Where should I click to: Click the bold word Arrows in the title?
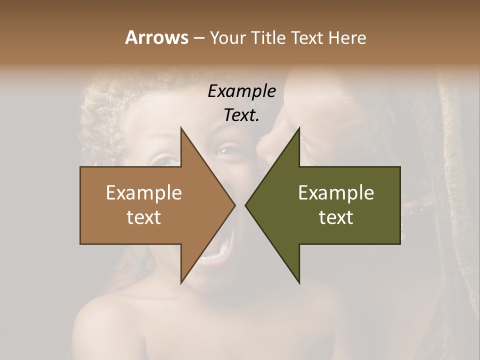[156, 37]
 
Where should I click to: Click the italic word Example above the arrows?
[241, 91]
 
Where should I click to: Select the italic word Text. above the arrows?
[241, 115]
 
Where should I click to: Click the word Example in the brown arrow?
[144, 193]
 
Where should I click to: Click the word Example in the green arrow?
[336, 193]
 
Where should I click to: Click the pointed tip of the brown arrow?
[235, 205]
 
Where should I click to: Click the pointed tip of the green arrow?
[245, 205]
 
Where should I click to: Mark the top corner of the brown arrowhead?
[181, 128]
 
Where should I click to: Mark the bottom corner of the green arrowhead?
[299, 282]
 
